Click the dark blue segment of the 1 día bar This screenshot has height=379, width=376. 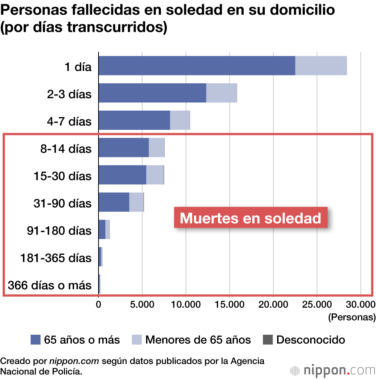click(197, 65)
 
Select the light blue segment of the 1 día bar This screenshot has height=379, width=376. click(321, 65)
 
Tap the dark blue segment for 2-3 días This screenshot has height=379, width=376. click(152, 93)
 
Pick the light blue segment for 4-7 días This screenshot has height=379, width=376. click(180, 120)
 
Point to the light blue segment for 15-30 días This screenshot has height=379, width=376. click(155, 175)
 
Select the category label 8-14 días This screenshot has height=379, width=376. click(66, 149)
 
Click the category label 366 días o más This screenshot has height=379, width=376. click(50, 286)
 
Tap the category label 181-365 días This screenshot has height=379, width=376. click(56, 258)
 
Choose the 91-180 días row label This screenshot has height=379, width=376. click(59, 231)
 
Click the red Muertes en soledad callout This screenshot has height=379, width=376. click(250, 218)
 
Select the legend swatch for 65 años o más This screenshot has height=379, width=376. click(35, 340)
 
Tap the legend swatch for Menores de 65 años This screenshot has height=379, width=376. click(136, 340)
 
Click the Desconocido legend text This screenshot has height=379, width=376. click(311, 340)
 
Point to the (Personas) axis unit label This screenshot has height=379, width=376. click(352, 317)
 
